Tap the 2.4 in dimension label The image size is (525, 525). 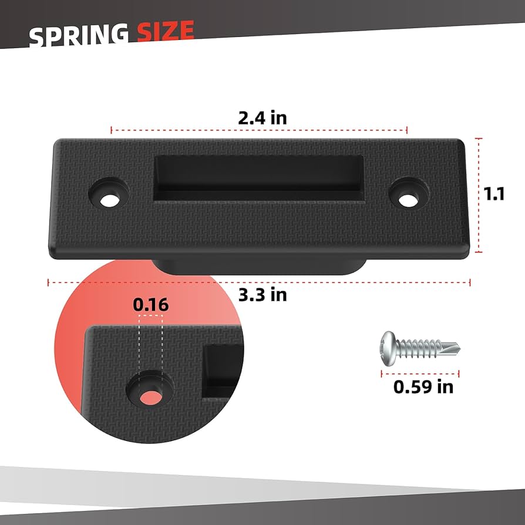(x=262, y=117)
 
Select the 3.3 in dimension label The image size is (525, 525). (x=262, y=294)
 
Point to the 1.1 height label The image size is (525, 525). (x=495, y=194)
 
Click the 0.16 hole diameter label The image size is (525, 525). (x=151, y=305)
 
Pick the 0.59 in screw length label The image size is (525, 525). (x=423, y=386)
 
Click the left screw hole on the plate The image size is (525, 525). (x=108, y=200)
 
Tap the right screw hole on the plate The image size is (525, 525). (x=406, y=200)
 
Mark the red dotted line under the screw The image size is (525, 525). (x=420, y=372)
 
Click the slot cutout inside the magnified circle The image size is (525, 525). (x=222, y=370)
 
